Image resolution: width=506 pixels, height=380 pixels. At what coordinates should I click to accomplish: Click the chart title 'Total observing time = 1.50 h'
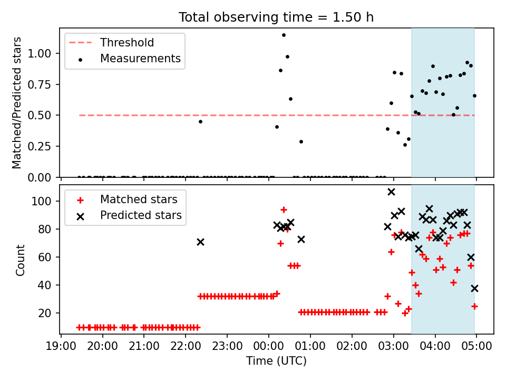[x=276, y=17]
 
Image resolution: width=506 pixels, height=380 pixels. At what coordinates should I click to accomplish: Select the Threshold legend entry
[x=111, y=43]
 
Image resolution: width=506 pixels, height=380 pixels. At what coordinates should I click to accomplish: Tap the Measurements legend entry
[x=129, y=59]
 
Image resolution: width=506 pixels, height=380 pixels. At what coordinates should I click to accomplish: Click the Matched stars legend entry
[x=127, y=199]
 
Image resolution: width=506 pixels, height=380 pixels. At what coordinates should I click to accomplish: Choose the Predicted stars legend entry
[x=129, y=215]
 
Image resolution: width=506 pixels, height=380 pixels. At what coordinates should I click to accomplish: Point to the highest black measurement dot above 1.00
[x=284, y=35]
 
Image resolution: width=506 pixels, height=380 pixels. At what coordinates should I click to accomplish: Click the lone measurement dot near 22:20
[x=200, y=121]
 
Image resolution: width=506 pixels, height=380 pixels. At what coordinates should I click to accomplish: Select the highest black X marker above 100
[x=391, y=192]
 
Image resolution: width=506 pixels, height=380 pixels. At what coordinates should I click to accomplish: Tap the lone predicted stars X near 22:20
[x=200, y=242]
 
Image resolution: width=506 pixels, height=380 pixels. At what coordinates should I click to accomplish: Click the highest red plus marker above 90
[x=284, y=210]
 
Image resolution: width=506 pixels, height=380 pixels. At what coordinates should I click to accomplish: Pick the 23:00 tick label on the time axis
[x=227, y=346]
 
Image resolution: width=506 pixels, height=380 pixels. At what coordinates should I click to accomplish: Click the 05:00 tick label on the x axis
[x=476, y=346]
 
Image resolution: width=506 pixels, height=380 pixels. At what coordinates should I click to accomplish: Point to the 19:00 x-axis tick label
[x=61, y=346]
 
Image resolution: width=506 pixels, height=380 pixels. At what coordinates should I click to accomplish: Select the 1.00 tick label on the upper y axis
[x=40, y=53]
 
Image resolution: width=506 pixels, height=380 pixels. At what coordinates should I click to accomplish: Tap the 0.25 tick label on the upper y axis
[x=40, y=146]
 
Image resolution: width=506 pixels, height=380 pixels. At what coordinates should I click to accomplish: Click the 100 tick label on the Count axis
[x=42, y=201]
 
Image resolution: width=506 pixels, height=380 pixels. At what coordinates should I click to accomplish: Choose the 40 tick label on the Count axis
[x=45, y=285]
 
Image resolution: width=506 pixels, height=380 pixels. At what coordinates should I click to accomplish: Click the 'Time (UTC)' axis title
[x=276, y=361]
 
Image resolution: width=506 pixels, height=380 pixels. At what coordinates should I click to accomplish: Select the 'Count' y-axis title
[x=20, y=260]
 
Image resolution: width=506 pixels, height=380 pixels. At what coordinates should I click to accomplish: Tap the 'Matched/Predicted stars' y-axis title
[x=16, y=103]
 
